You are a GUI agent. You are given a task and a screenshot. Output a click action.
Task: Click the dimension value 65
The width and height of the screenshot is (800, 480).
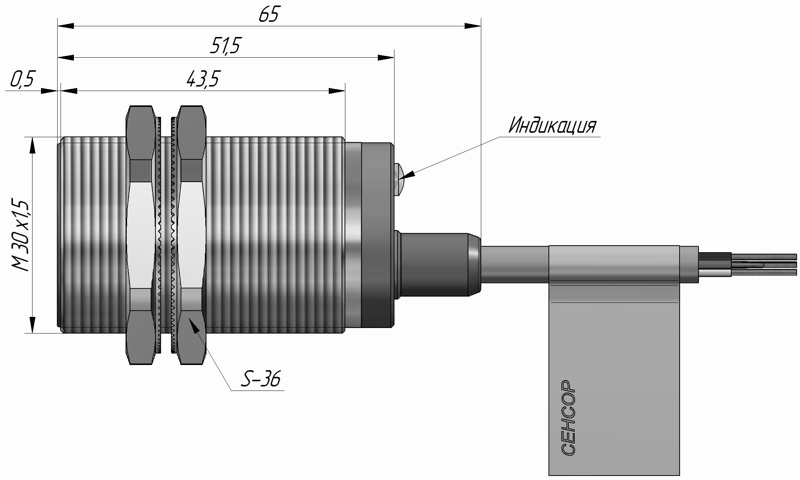[269, 15]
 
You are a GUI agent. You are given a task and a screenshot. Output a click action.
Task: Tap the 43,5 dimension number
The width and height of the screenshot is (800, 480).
[202, 79]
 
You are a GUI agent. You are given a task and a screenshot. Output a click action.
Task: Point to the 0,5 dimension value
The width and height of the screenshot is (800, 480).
[22, 80]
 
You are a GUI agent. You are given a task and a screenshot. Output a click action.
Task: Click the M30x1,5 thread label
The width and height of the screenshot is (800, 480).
[21, 235]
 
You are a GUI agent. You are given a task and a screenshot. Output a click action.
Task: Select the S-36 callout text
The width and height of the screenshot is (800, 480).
[261, 379]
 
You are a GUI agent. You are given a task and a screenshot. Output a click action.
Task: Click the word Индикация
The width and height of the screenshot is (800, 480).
[552, 126]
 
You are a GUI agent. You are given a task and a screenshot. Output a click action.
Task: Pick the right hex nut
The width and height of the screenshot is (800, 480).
[191, 235]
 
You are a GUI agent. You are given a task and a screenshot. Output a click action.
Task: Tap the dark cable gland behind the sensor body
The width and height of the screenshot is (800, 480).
[436, 264]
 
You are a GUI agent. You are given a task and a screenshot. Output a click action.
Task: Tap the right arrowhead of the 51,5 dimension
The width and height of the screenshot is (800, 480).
[386, 57]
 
